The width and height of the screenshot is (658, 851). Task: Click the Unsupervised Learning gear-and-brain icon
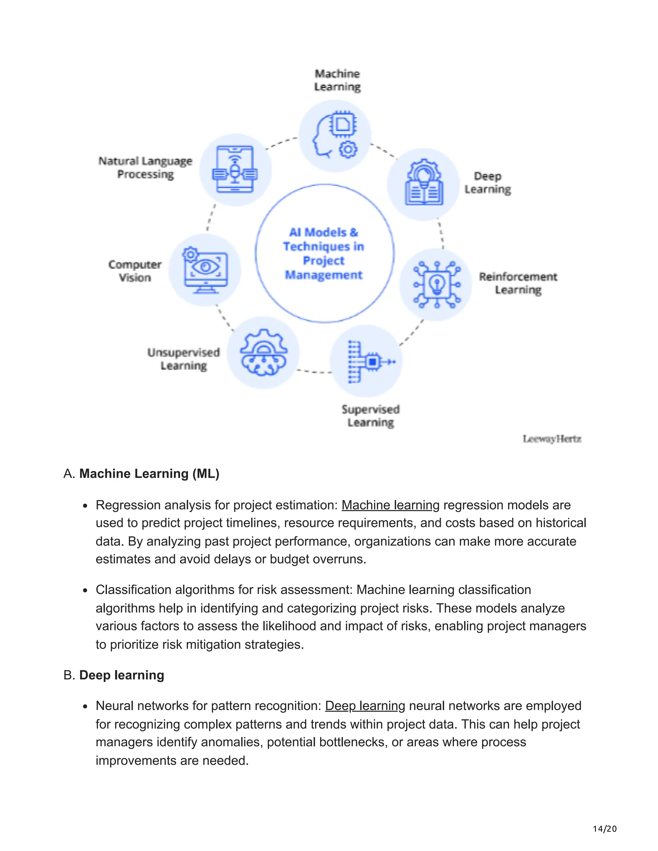click(263, 353)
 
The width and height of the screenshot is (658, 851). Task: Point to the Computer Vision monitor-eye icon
click(205, 270)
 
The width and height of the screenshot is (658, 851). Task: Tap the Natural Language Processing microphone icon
click(235, 170)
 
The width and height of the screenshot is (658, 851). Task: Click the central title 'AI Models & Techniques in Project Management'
click(324, 253)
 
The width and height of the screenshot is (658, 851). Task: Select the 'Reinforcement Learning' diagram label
click(518, 283)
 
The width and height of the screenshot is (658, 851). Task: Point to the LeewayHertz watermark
click(552, 439)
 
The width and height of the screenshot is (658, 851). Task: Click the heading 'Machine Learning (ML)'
click(149, 473)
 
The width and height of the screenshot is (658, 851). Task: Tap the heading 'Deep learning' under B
click(122, 675)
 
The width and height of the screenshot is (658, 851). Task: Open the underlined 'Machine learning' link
click(390, 505)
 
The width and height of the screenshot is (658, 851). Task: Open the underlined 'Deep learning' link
click(365, 706)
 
